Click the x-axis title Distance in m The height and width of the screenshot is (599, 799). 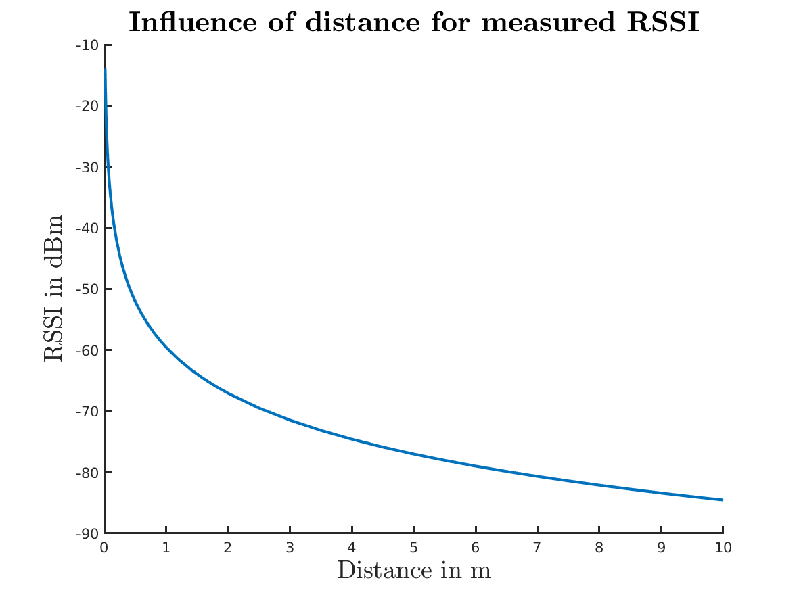point(413,571)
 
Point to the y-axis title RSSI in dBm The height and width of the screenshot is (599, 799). point(53,289)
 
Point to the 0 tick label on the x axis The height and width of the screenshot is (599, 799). point(104,548)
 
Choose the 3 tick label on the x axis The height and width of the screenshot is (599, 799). point(290,548)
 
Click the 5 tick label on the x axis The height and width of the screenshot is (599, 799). point(413,548)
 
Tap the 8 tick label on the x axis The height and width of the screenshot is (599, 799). point(599,548)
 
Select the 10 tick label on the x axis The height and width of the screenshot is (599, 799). point(723,548)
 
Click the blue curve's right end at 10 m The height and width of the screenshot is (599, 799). point(722,500)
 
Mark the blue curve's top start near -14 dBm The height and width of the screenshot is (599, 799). point(105,70)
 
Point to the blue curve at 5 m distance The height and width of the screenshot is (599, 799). point(413,454)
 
